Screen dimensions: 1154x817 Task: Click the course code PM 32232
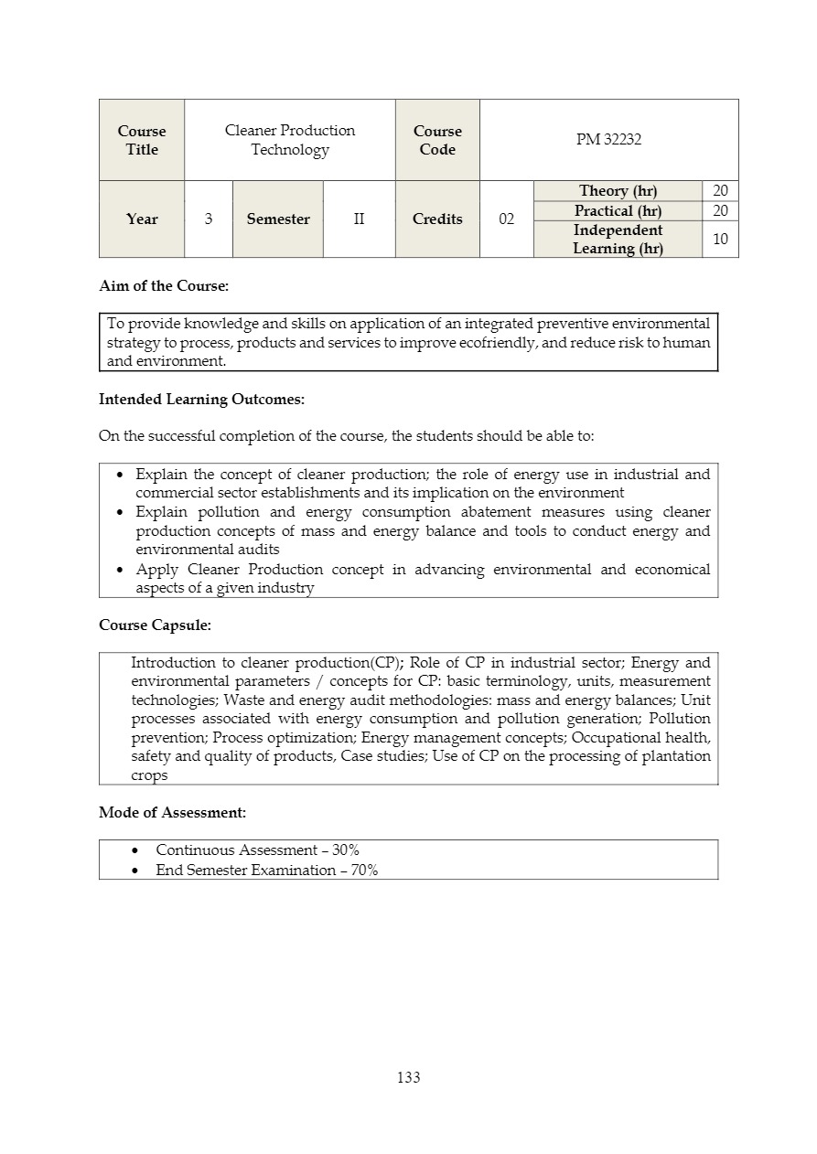(x=608, y=140)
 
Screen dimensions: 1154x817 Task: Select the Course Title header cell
(x=142, y=140)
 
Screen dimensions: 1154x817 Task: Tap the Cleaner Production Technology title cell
(x=290, y=140)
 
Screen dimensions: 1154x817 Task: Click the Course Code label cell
(x=437, y=140)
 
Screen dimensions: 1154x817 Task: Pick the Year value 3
(x=209, y=219)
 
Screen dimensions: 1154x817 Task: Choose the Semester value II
(x=359, y=219)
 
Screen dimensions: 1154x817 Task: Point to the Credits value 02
(x=506, y=219)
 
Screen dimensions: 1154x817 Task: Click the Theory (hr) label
(x=618, y=191)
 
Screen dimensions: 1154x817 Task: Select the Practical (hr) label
(x=618, y=211)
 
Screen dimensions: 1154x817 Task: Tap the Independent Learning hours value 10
(x=720, y=240)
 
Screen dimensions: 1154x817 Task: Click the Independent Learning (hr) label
(x=618, y=240)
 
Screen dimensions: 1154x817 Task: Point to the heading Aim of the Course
(x=164, y=286)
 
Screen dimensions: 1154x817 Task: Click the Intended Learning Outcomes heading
(x=201, y=400)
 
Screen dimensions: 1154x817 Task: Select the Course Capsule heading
(x=155, y=625)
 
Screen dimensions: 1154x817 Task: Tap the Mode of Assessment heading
(x=172, y=812)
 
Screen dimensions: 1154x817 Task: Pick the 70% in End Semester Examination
(x=364, y=871)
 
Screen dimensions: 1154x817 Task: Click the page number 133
(x=408, y=1077)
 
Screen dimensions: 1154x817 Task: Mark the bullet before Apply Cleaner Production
(x=122, y=570)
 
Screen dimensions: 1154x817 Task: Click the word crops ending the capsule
(x=149, y=775)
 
